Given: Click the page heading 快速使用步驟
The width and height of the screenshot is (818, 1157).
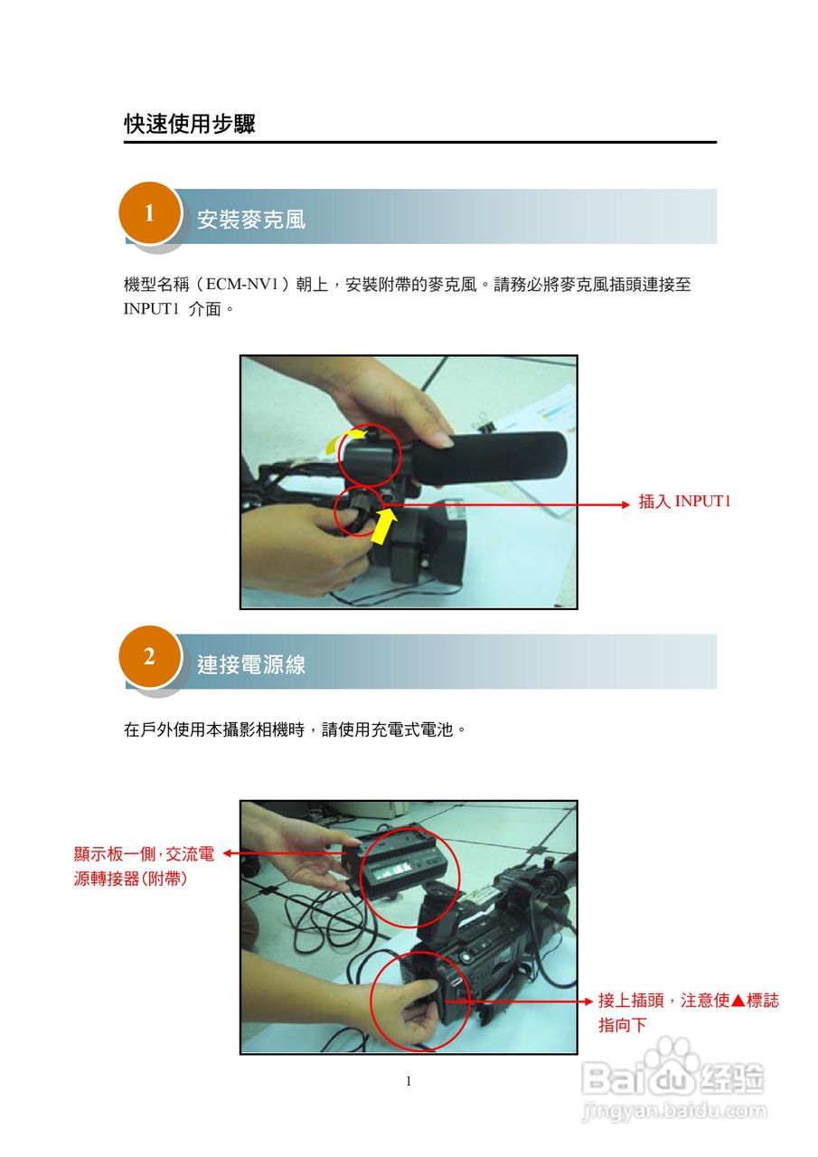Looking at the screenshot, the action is (x=190, y=124).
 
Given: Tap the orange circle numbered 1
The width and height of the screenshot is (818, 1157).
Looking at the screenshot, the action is (x=149, y=212).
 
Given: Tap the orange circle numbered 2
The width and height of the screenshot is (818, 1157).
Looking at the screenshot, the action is (x=149, y=657).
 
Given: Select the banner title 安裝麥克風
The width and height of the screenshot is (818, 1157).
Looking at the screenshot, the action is (x=251, y=220).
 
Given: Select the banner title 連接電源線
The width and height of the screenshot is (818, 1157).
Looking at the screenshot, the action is (x=251, y=664).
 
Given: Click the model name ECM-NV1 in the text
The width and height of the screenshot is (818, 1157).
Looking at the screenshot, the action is (x=242, y=284).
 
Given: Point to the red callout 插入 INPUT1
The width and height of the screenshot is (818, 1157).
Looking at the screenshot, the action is (x=684, y=501).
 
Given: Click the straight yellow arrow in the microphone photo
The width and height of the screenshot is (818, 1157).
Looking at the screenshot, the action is (x=384, y=525).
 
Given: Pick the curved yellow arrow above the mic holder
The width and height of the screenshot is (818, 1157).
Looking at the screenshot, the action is (x=342, y=439).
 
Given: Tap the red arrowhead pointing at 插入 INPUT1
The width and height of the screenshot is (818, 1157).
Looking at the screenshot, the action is (x=625, y=504).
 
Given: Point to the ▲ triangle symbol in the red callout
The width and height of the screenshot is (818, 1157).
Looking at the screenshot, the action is (x=738, y=1001).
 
